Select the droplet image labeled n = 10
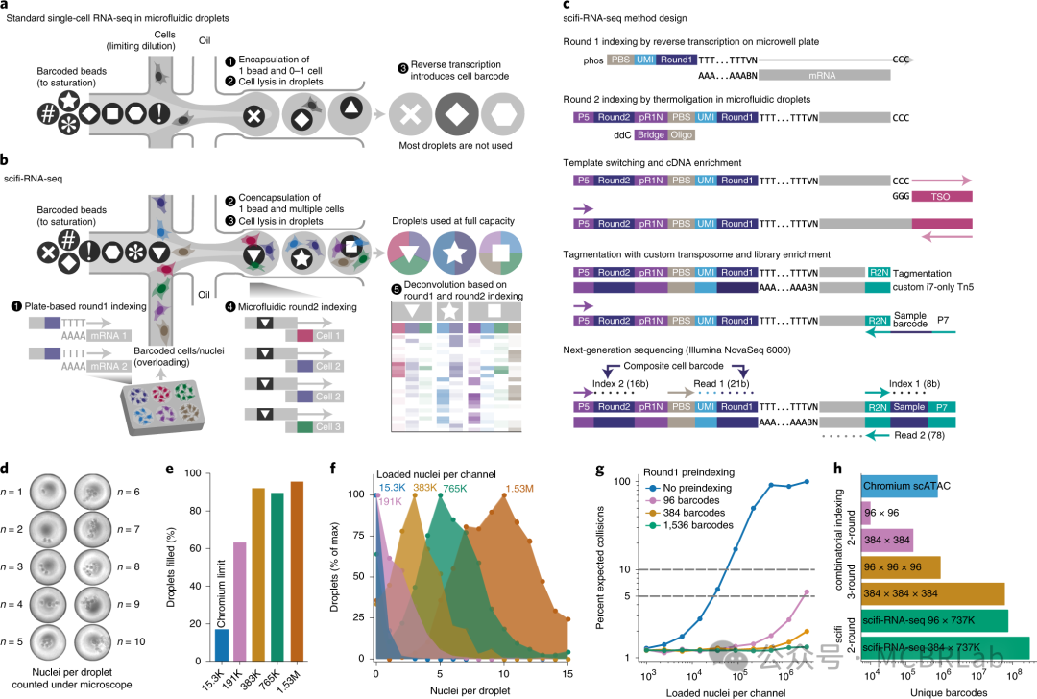tap(95, 641)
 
